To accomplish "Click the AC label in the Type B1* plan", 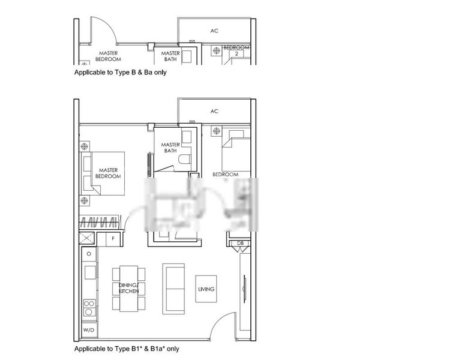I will [x=214, y=112].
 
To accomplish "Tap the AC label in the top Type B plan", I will [x=214, y=31].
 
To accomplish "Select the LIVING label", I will [x=206, y=289].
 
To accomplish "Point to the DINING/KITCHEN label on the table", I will [x=128, y=288].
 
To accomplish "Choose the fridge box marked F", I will [x=113, y=238].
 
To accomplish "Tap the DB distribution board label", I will [x=240, y=242].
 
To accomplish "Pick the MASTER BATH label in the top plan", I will [x=170, y=56].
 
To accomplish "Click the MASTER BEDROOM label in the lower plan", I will [x=108, y=173].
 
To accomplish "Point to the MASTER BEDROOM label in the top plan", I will [x=108, y=56].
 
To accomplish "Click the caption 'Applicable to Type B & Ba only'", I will [x=120, y=72].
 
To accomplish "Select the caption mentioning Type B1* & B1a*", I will [x=126, y=349].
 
